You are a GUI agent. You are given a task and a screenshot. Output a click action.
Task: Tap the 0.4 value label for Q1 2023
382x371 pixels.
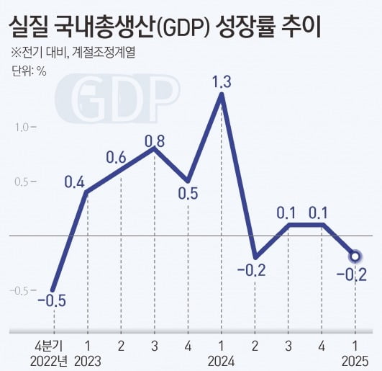click(75, 182)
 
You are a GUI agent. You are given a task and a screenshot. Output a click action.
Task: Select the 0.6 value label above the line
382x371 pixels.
click(117, 157)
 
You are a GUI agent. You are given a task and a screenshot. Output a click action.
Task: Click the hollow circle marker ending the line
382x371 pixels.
click(354, 255)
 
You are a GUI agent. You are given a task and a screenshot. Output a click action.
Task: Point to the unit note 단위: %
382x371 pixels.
click(29, 71)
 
